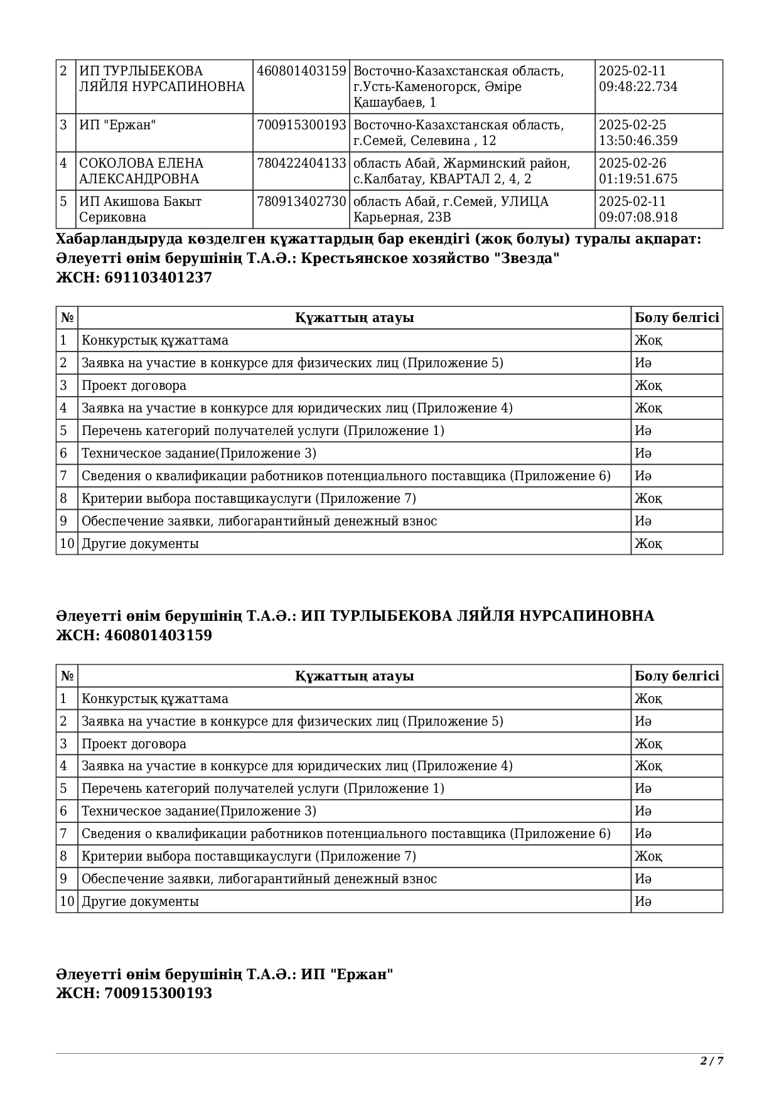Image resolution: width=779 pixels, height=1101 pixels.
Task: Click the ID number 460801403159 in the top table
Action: pyautogui.click(x=301, y=71)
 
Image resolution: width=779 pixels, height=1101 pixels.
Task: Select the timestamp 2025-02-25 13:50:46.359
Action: pyautogui.click(x=638, y=132)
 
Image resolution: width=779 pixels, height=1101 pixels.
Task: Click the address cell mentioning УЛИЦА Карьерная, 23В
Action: pyautogui.click(x=451, y=209)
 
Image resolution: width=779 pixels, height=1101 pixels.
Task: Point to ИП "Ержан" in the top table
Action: pyautogui.click(x=117, y=125)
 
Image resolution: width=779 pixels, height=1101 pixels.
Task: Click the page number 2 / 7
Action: pyautogui.click(x=711, y=1061)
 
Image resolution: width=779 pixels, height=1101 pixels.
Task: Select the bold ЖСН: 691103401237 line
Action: pyautogui.click(x=134, y=277)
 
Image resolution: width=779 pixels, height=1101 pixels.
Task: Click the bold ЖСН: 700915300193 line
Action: pyautogui.click(x=134, y=993)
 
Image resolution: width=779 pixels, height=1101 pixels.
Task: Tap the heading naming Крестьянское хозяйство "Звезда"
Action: pyautogui.click(x=308, y=259)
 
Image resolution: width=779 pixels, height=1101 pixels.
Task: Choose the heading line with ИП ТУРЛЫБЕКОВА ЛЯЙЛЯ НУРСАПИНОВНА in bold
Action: pyautogui.click(x=355, y=616)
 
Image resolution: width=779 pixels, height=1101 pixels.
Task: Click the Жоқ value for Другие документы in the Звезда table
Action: pyautogui.click(x=648, y=544)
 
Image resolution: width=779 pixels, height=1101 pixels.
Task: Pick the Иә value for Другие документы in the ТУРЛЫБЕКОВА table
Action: pyautogui.click(x=643, y=901)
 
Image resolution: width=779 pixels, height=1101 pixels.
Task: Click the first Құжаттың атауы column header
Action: pyautogui.click(x=354, y=318)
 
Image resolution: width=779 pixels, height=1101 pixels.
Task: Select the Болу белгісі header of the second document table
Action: pyautogui.click(x=677, y=676)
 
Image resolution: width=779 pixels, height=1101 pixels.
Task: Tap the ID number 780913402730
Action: pyautogui.click(x=301, y=201)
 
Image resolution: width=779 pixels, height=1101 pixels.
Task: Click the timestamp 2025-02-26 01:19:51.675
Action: pyautogui.click(x=638, y=171)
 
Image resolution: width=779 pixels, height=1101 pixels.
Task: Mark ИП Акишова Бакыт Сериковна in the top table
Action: pyautogui.click(x=140, y=209)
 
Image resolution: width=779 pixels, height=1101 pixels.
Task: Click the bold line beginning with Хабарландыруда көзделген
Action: pyautogui.click(x=379, y=239)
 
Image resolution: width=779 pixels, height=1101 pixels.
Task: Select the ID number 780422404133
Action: pyautogui.click(x=301, y=163)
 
